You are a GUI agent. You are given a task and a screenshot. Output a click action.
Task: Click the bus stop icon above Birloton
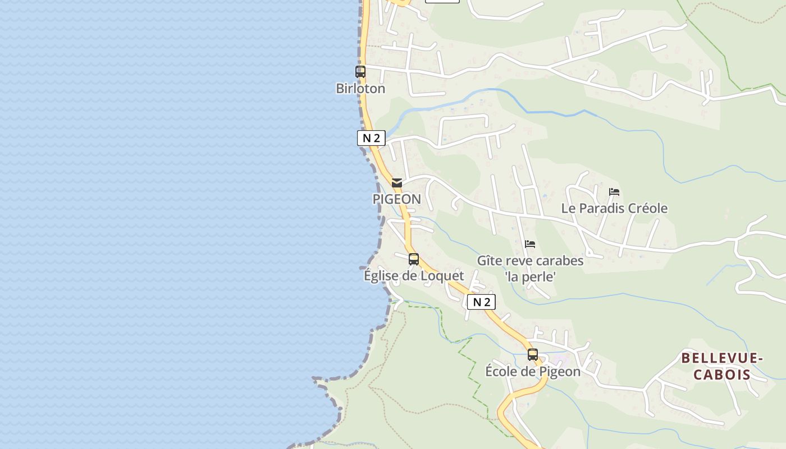click(360, 72)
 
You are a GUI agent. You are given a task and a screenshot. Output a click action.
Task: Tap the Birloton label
click(360, 89)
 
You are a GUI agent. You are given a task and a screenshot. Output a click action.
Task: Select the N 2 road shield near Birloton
click(371, 138)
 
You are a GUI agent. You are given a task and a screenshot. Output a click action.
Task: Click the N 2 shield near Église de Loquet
click(481, 302)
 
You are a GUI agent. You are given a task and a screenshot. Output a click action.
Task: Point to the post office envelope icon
click(397, 182)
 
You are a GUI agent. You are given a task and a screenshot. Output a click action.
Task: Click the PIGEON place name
click(396, 199)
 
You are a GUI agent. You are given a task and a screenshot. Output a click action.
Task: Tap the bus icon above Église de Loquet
click(414, 259)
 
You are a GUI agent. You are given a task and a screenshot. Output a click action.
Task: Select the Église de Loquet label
click(414, 276)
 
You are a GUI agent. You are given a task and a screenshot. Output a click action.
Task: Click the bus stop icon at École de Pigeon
click(533, 355)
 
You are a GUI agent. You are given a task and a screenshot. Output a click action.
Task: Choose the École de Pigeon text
click(533, 372)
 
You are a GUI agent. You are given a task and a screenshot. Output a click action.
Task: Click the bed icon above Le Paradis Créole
click(614, 192)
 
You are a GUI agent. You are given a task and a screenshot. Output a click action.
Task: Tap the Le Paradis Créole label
click(614, 209)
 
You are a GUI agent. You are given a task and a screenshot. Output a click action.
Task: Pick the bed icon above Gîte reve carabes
click(530, 244)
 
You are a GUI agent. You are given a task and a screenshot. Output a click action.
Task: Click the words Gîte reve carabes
click(530, 261)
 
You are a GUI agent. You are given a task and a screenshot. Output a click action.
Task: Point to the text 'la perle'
click(530, 277)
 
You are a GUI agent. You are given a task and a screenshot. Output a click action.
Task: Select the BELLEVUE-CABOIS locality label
click(722, 366)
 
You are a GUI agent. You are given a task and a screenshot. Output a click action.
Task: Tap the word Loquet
click(443, 276)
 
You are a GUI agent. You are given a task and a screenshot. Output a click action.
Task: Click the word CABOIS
click(722, 375)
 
